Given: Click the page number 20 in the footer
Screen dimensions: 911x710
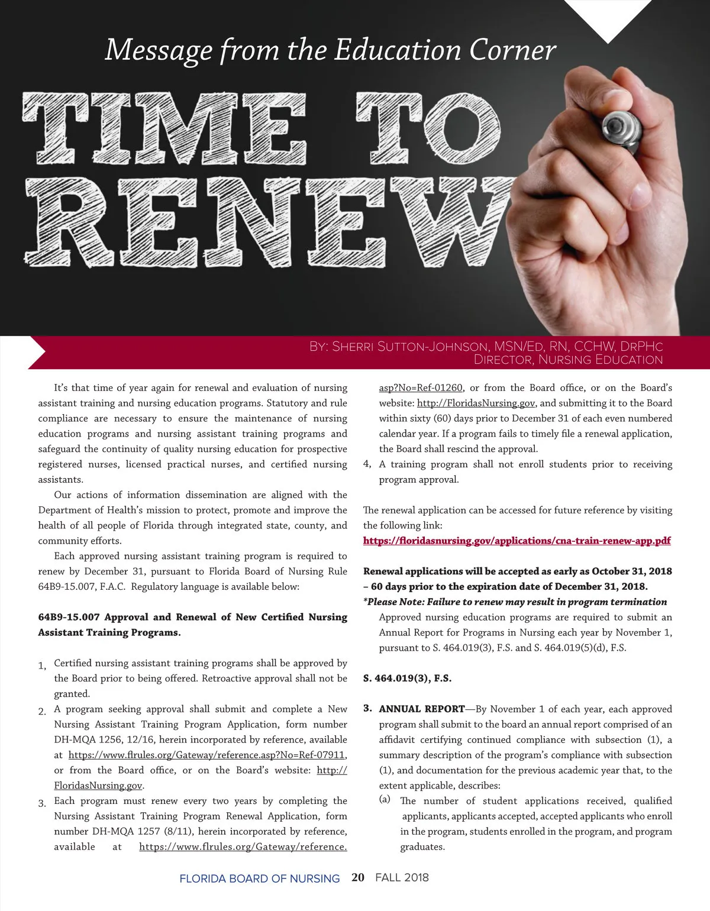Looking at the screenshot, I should [x=358, y=877].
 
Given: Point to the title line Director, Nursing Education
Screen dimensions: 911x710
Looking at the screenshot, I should [x=568, y=360].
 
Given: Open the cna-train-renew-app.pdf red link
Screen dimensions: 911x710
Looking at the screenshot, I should [x=517, y=541].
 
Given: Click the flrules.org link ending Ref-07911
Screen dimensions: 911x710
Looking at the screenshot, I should [x=207, y=755].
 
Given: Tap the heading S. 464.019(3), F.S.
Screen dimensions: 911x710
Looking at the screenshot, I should [x=407, y=679].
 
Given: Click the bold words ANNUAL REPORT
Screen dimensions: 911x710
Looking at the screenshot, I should [x=422, y=709].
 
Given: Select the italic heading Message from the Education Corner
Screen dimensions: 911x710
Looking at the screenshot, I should [x=330, y=50].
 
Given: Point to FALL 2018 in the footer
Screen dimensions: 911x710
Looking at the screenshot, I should [x=402, y=877].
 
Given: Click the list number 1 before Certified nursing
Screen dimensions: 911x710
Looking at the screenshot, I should [x=42, y=666].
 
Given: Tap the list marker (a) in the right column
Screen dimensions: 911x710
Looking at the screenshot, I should [x=385, y=800].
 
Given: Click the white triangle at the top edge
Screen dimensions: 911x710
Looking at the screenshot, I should [x=608, y=18].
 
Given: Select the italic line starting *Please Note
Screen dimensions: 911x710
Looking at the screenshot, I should [x=515, y=602].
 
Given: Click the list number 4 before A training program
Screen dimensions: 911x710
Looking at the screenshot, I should [x=367, y=464].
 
